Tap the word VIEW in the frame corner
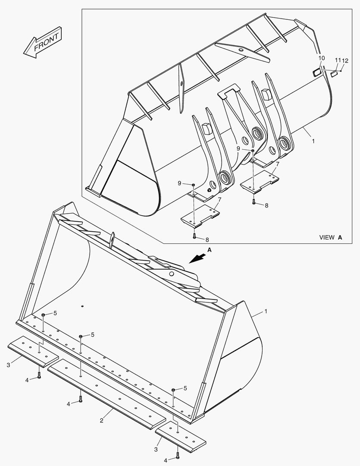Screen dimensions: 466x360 (327, 237)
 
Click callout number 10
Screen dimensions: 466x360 (322, 58)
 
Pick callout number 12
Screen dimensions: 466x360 (345, 60)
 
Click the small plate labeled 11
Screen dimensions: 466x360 (334, 74)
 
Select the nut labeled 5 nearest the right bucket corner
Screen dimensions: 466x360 (173, 390)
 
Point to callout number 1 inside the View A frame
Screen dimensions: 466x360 (313, 141)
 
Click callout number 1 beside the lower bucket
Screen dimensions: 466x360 (266, 311)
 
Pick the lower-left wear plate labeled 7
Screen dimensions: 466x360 (200, 216)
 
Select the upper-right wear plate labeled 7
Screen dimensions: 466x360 (259, 179)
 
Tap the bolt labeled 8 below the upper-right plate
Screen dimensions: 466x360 (254, 202)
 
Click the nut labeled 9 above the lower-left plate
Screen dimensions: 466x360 (194, 185)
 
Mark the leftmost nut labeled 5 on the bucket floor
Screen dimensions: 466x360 (44, 315)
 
